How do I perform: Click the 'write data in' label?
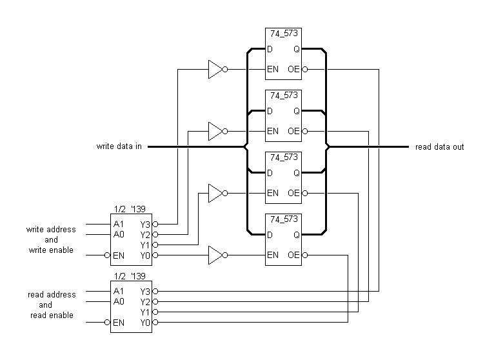click(119, 147)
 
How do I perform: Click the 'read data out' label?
click(439, 147)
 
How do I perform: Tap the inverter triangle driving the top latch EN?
click(215, 69)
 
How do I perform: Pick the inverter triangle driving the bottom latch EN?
click(215, 255)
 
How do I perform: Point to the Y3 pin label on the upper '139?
click(145, 224)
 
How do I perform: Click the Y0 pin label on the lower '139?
click(145, 322)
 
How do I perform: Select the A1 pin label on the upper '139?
click(118, 224)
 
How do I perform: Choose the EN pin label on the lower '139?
click(119, 322)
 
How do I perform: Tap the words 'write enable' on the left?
click(51, 250)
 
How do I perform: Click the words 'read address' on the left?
click(51, 295)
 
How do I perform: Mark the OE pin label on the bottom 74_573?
click(294, 255)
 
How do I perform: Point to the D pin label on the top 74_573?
click(270, 48)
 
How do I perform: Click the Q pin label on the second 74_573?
click(297, 111)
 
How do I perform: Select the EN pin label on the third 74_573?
click(273, 193)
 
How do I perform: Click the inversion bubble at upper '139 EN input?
click(107, 255)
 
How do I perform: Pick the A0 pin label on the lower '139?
click(118, 301)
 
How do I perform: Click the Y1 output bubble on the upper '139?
click(155, 245)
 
